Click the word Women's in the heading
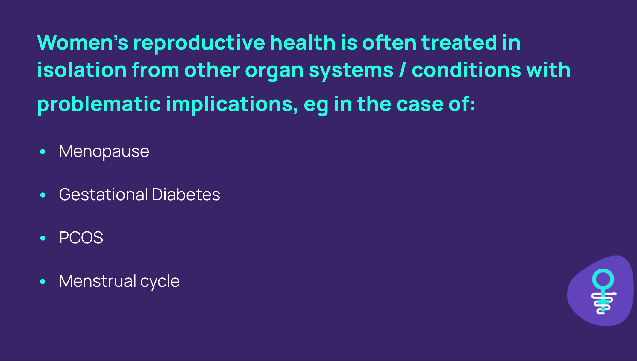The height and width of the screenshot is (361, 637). pos(83,42)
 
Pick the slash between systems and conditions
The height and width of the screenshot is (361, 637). pos(403,70)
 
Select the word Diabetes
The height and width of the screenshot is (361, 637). pos(186,194)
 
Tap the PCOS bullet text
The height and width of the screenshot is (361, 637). pos(81,238)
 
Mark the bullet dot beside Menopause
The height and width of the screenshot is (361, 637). pos(43,152)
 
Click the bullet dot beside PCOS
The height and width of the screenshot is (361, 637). pos(43,238)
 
